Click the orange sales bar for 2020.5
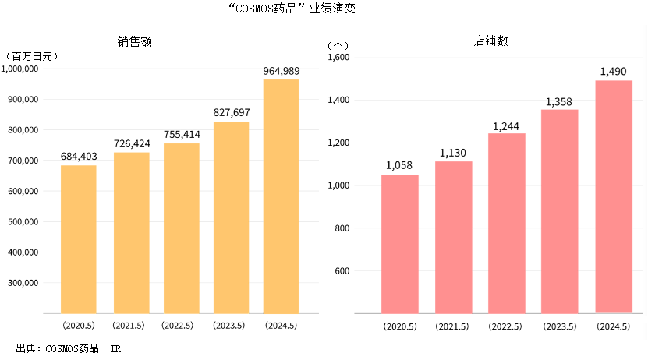[79, 238]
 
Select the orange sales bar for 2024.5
[281, 196]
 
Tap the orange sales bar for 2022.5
[181, 228]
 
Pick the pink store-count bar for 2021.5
[454, 237]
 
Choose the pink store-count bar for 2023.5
[560, 211]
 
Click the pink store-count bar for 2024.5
[614, 196]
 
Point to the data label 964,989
[281, 72]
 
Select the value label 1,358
[560, 101]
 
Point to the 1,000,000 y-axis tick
[22, 69]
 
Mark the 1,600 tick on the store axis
[339, 57]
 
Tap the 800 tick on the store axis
[344, 228]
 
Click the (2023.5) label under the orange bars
[230, 326]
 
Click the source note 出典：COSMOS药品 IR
[69, 348]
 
